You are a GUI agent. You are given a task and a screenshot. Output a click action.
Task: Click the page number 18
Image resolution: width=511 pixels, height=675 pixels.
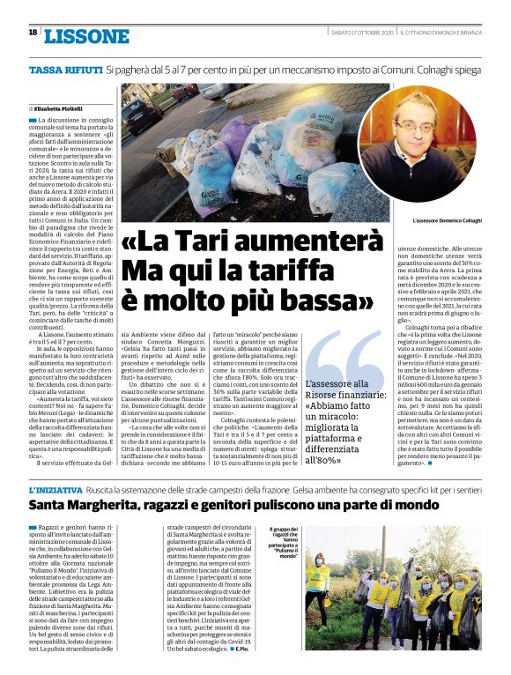33,33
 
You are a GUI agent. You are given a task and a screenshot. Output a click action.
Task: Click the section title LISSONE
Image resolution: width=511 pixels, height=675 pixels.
85,36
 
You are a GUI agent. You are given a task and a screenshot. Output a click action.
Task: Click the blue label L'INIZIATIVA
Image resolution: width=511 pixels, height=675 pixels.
56,489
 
